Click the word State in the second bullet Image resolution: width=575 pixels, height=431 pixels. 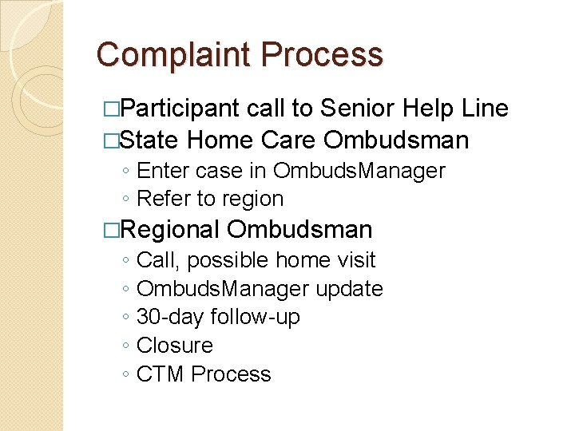[151, 140]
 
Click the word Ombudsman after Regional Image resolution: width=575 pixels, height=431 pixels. [299, 230]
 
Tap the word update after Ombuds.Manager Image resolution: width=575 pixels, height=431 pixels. [349, 289]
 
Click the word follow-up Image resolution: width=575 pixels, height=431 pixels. [255, 317]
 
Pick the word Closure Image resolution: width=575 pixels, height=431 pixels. [175, 346]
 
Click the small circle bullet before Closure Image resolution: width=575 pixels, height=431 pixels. [127, 346]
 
